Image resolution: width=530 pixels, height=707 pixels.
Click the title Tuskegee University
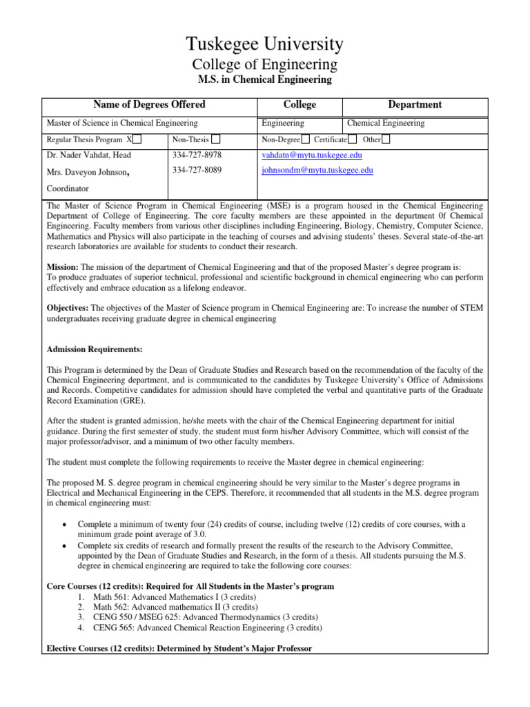264,45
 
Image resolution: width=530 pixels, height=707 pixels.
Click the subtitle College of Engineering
264,65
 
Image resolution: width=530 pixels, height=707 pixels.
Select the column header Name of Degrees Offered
149,105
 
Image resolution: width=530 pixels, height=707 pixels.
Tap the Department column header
415,105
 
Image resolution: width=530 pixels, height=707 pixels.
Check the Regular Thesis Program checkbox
137,139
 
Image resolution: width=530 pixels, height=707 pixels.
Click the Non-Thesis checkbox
216,139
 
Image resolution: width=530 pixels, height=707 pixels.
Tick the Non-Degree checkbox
306,139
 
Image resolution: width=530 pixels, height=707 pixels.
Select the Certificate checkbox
353,139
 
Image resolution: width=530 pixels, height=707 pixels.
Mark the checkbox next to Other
386,139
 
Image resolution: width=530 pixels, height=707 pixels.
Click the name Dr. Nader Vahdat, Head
88,155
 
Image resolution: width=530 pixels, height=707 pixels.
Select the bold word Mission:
63,265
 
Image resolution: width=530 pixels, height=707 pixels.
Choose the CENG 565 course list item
199,628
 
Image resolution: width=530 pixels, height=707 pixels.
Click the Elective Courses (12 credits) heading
179,648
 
